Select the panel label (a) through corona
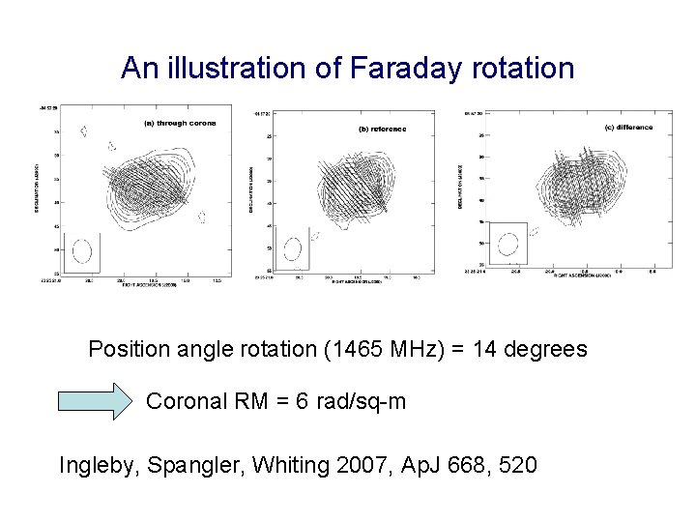pyautogui.click(x=180, y=123)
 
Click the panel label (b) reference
pyautogui.click(x=382, y=129)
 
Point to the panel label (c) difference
pyautogui.click(x=627, y=127)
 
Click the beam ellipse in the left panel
pyautogui.click(x=81, y=251)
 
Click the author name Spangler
pyautogui.click(x=188, y=465)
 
